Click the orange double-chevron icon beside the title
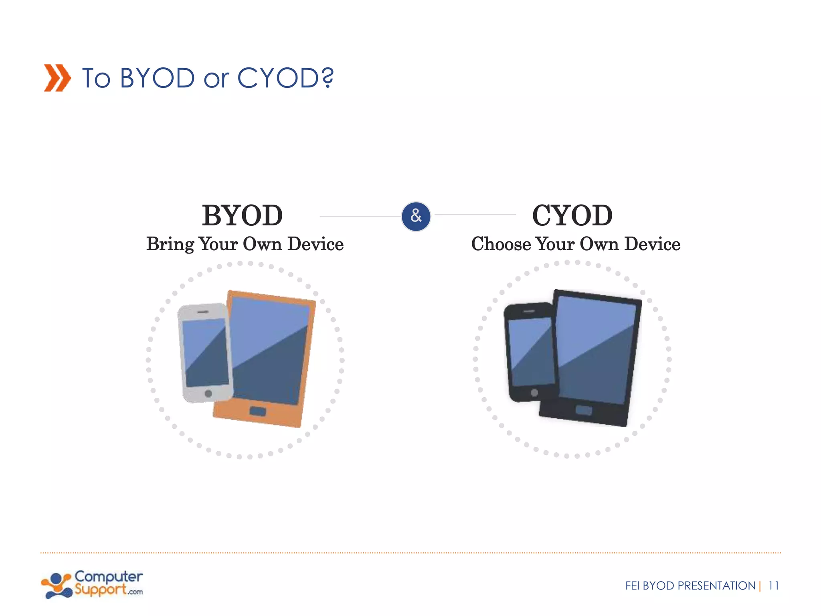click(57, 78)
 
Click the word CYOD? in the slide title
click(285, 78)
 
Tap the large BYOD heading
click(242, 215)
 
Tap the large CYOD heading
click(572, 215)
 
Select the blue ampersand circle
click(416, 217)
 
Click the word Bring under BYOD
click(170, 244)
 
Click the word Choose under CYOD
click(501, 244)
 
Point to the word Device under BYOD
click(315, 244)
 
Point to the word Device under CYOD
click(652, 244)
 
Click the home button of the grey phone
click(208, 393)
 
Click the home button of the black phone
click(534, 393)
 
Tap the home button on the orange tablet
click(257, 411)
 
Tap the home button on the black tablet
click(584, 410)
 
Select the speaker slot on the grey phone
click(203, 312)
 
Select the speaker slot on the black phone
click(529, 311)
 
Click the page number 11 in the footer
click(773, 586)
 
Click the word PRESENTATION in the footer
click(716, 586)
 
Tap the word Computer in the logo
click(108, 577)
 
